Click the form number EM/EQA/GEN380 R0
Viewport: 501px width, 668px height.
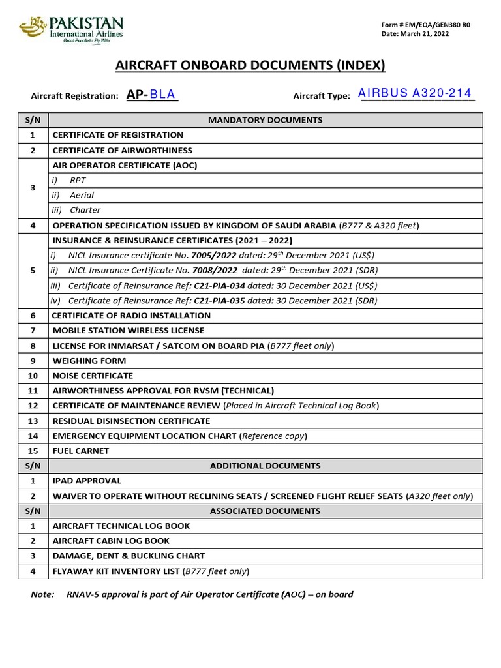[425, 25]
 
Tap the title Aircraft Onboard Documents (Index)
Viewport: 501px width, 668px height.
[250, 65]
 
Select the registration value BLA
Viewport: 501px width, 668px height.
[163, 95]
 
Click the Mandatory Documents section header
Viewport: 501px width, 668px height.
[265, 120]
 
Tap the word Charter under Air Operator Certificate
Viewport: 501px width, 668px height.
[85, 210]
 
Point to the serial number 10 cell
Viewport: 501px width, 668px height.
[33, 376]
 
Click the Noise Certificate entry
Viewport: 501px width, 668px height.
[93, 376]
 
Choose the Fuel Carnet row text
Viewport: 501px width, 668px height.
[81, 451]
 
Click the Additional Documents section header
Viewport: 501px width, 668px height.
[265, 466]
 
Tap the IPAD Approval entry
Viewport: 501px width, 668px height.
[87, 481]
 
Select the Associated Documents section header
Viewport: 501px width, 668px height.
[265, 511]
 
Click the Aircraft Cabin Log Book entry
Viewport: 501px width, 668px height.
[111, 541]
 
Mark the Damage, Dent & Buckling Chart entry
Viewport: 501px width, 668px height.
[129, 556]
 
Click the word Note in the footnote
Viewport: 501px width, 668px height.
[43, 594]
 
